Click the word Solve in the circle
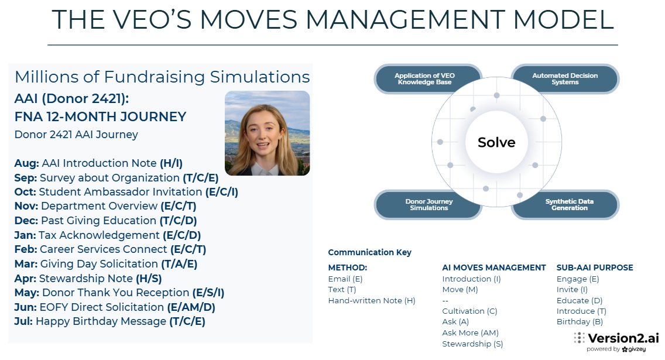pyautogui.click(x=496, y=142)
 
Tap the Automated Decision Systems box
pyautogui.click(x=565, y=79)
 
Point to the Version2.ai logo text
pyautogui.click(x=623, y=338)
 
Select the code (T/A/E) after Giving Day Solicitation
pyautogui.click(x=179, y=264)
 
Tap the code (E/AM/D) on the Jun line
pyautogui.click(x=191, y=307)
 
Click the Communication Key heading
pyautogui.click(x=369, y=252)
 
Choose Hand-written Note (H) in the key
pyautogui.click(x=372, y=301)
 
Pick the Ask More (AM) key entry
pyautogui.click(x=470, y=333)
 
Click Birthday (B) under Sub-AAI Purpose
pyautogui.click(x=580, y=322)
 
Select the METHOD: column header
pyautogui.click(x=347, y=268)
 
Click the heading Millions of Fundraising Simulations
pyautogui.click(x=162, y=77)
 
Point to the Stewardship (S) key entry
pyautogui.click(x=472, y=344)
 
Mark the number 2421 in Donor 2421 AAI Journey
pyautogui.click(x=60, y=135)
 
